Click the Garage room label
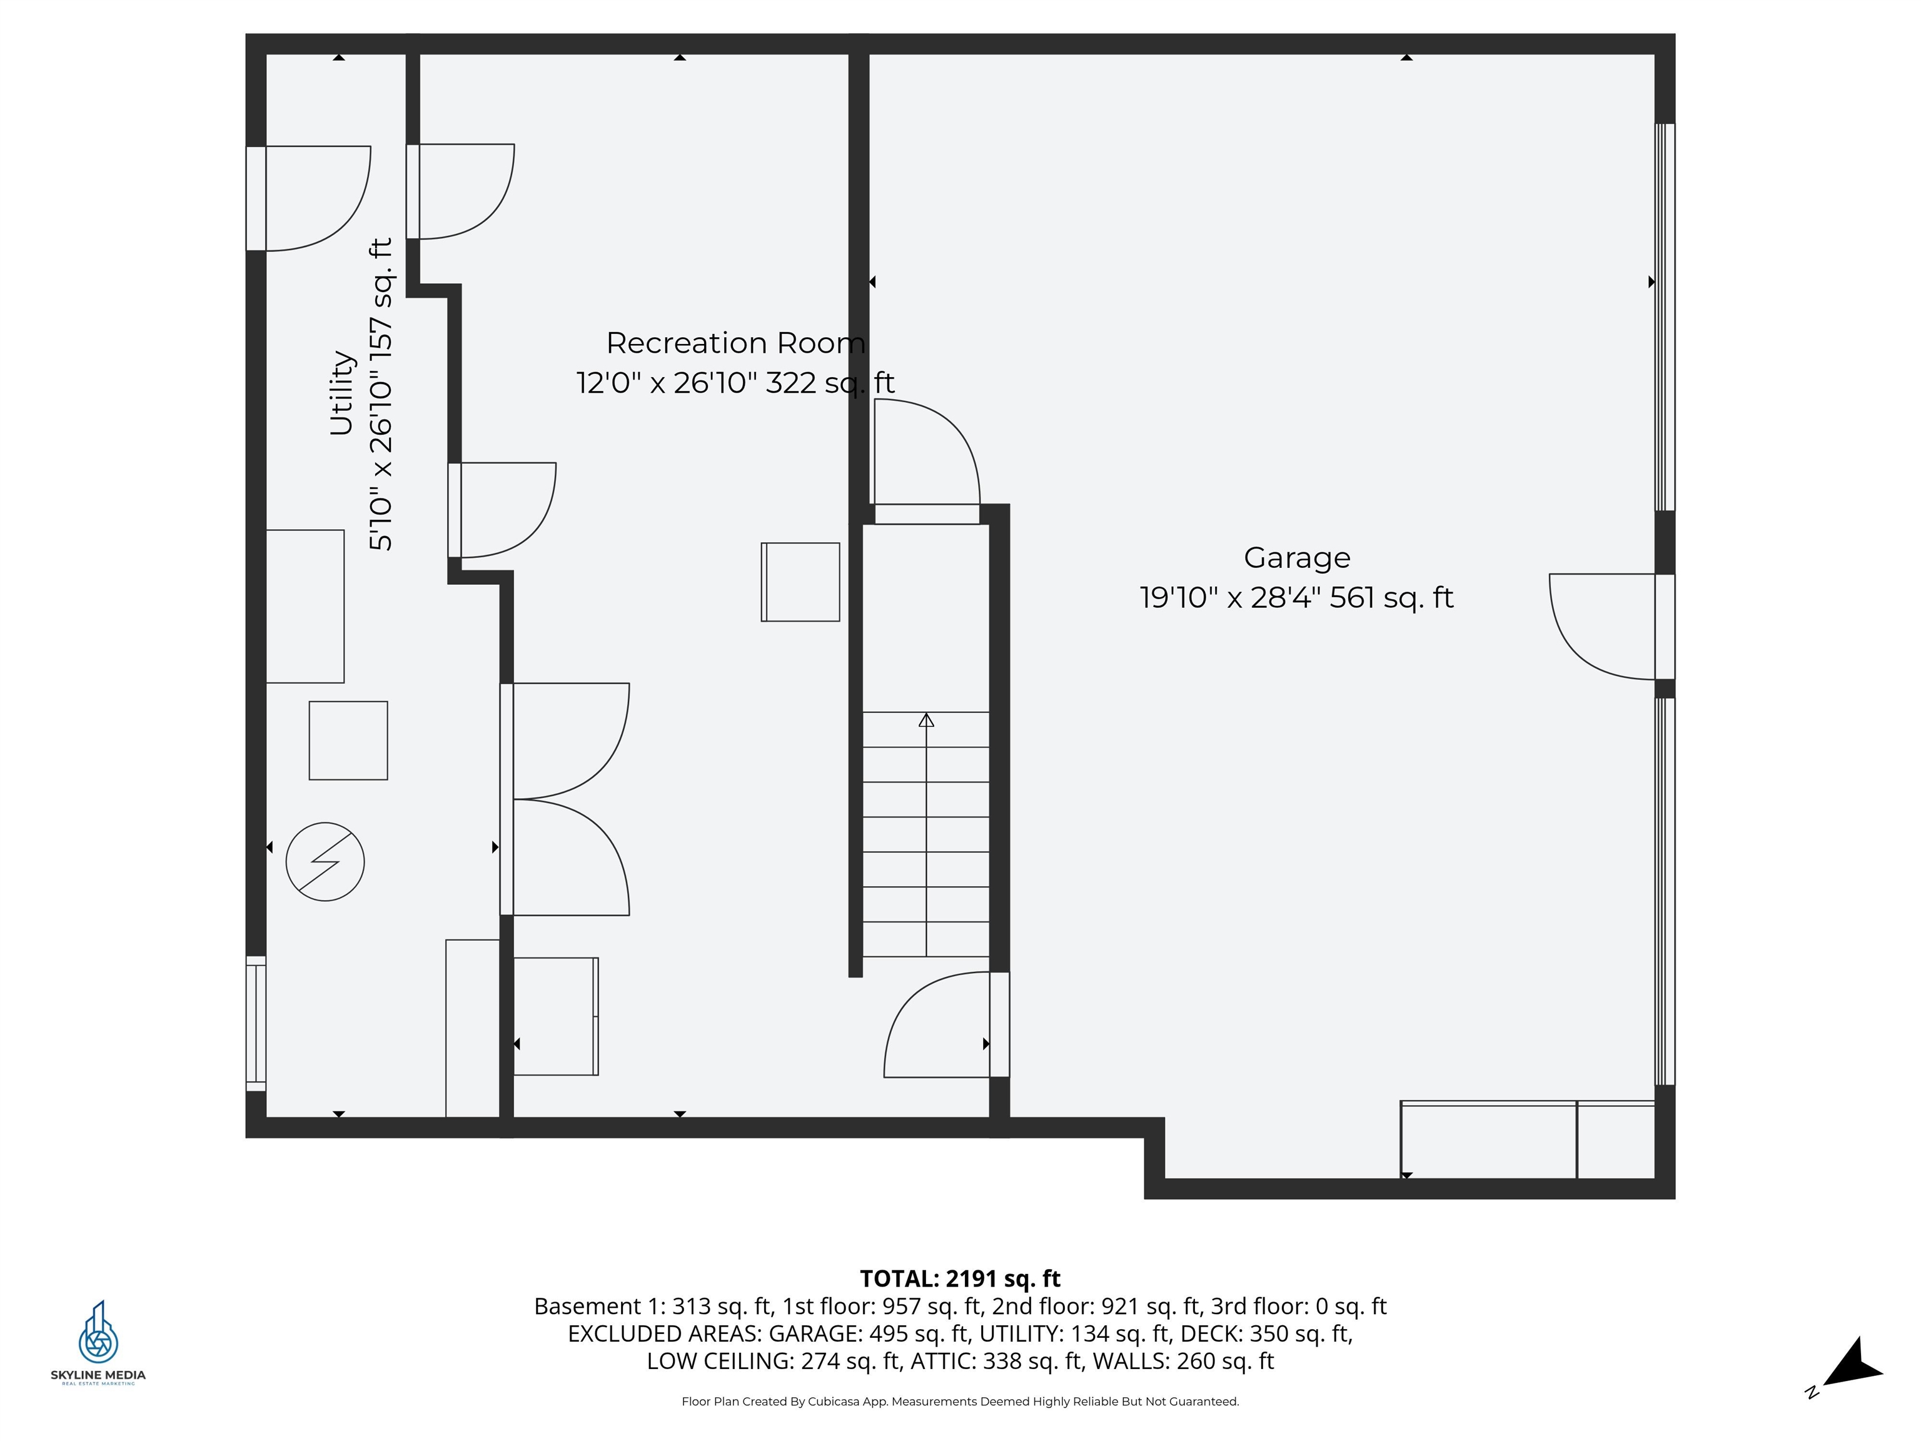coord(1296,558)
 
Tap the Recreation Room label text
coord(735,343)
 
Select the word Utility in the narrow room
coord(341,393)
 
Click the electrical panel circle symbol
coord(325,862)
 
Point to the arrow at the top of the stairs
coord(925,720)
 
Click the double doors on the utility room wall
coord(565,799)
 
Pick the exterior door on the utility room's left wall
coord(308,198)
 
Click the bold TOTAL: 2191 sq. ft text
coord(960,1278)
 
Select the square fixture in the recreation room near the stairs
coord(800,582)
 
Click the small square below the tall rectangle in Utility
coord(348,740)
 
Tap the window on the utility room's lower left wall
coord(255,1023)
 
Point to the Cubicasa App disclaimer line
coord(960,1401)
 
